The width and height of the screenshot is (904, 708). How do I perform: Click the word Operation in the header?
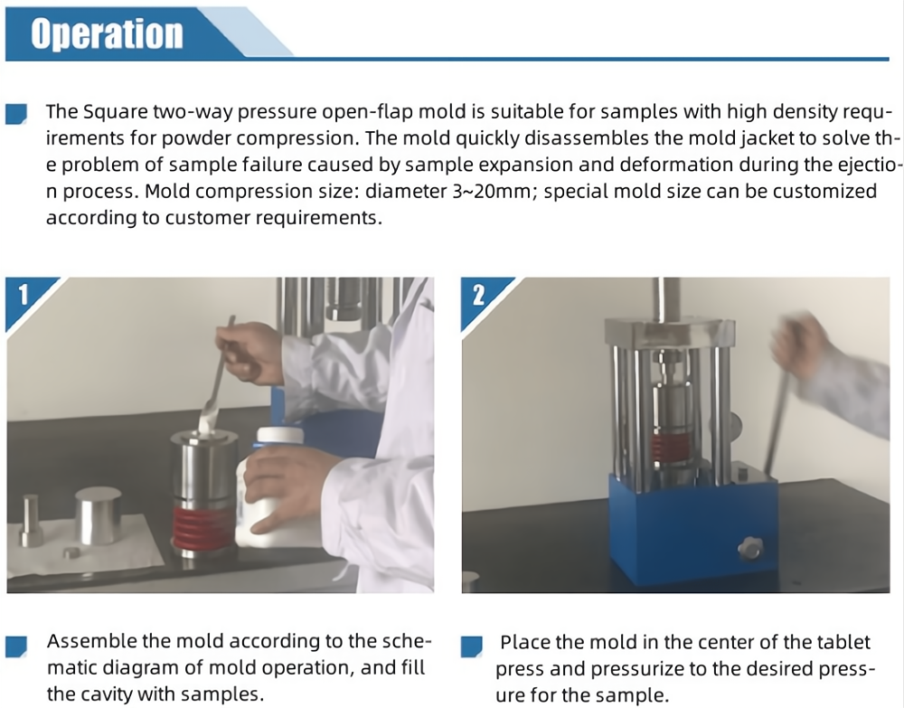click(107, 33)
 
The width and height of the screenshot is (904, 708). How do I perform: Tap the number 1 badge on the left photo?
click(24, 295)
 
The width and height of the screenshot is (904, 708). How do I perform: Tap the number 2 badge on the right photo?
click(478, 295)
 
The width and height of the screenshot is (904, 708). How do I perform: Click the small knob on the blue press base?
click(750, 548)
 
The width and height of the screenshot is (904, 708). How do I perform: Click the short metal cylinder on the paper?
click(98, 515)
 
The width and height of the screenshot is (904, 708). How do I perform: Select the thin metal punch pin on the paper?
click(31, 520)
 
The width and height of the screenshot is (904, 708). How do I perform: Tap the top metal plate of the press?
click(669, 333)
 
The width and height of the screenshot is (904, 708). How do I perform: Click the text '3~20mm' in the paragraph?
click(491, 191)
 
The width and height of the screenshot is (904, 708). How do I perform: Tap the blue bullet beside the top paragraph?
click(16, 114)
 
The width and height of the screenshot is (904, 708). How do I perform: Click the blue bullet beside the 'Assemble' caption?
click(16, 647)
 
